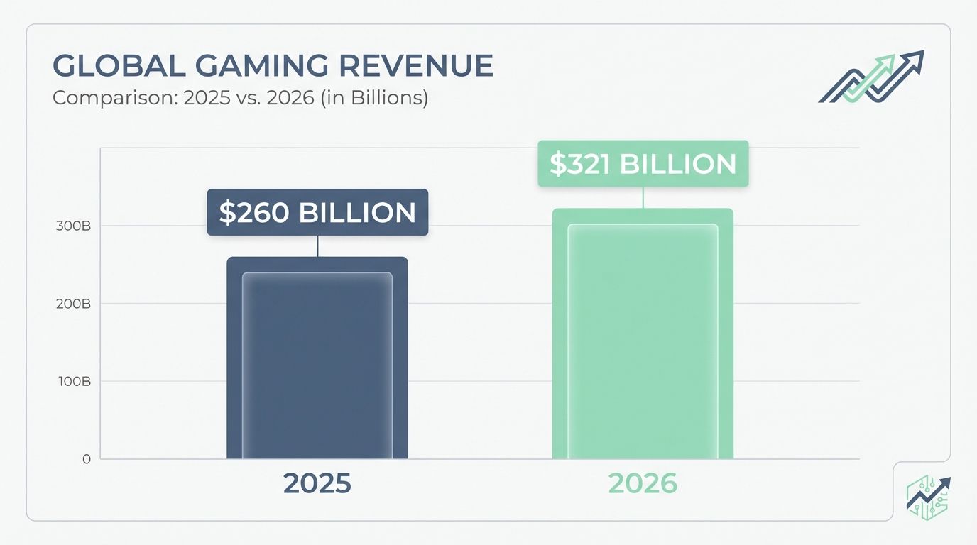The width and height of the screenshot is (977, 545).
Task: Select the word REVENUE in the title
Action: click(x=418, y=66)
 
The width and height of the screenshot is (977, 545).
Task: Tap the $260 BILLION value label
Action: click(x=317, y=212)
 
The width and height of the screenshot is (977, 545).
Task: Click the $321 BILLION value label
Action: click(x=643, y=164)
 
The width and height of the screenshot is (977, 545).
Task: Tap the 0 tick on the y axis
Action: click(x=86, y=459)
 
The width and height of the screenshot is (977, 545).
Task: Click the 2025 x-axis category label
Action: click(x=317, y=483)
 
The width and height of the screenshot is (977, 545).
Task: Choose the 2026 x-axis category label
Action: click(x=643, y=483)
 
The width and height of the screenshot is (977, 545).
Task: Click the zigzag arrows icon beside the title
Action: click(x=871, y=77)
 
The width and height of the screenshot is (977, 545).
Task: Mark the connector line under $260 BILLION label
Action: click(x=317, y=246)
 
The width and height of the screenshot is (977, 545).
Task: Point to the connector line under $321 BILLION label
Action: click(x=643, y=197)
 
